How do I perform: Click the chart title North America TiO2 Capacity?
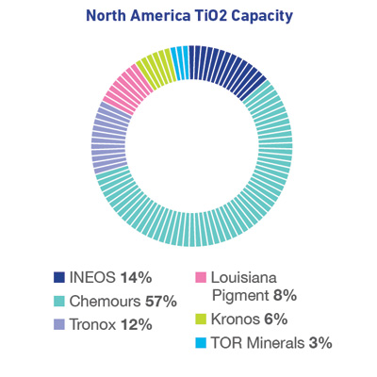pos(188,16)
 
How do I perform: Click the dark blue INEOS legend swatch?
pos(60,278)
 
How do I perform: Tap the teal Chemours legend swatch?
pos(60,303)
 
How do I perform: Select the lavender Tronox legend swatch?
pos(60,326)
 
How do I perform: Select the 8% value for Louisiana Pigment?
pos(284,295)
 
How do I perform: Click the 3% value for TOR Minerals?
pos(321,345)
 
